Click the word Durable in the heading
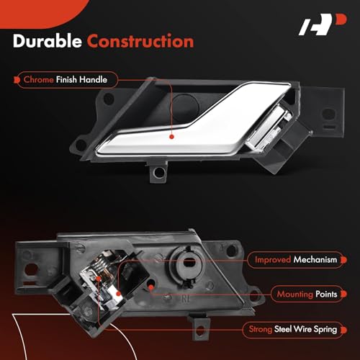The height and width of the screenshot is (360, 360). (x=48, y=41)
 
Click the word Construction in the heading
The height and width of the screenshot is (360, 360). (x=140, y=41)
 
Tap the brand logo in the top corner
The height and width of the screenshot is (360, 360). (x=323, y=24)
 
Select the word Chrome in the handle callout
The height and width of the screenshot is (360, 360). (x=39, y=79)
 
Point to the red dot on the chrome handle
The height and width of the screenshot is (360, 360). (x=171, y=137)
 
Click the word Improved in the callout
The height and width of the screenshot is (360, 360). (x=273, y=260)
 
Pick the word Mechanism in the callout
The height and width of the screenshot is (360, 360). (x=315, y=260)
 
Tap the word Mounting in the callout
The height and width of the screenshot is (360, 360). (x=295, y=294)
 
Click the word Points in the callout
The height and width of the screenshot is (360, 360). (x=326, y=294)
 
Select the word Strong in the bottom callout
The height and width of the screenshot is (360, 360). (x=261, y=329)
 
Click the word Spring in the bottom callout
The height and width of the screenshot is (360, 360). (x=325, y=330)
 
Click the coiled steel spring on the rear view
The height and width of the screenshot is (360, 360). (x=100, y=264)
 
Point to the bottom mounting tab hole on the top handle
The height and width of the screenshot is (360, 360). (x=158, y=172)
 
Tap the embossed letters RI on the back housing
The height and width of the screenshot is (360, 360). (x=185, y=299)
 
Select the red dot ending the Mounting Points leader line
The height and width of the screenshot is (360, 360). (x=151, y=287)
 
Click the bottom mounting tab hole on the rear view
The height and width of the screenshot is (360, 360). (x=200, y=330)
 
